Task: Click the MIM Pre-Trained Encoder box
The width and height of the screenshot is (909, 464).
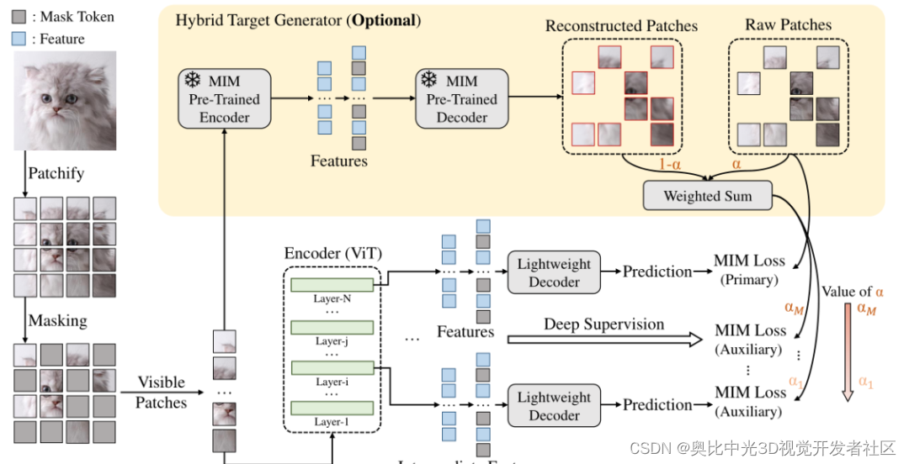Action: coord(224,99)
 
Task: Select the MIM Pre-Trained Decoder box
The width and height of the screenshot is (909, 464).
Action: coord(461,99)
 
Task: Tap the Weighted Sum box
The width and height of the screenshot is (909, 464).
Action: coord(707,196)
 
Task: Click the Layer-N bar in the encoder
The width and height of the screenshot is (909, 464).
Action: coord(332,285)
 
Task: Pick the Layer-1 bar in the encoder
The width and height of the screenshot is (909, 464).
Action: coord(332,409)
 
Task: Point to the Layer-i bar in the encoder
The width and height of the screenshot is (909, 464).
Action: coord(332,367)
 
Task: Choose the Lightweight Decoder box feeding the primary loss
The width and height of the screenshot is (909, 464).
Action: coord(554,272)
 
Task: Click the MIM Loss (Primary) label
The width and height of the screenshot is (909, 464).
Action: coord(750,270)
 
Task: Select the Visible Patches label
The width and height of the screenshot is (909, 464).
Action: coord(162,393)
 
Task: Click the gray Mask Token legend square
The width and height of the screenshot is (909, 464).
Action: coord(19,16)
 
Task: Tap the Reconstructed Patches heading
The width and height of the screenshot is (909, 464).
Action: coord(621,25)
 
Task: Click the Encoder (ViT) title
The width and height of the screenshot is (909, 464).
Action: coord(332,254)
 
